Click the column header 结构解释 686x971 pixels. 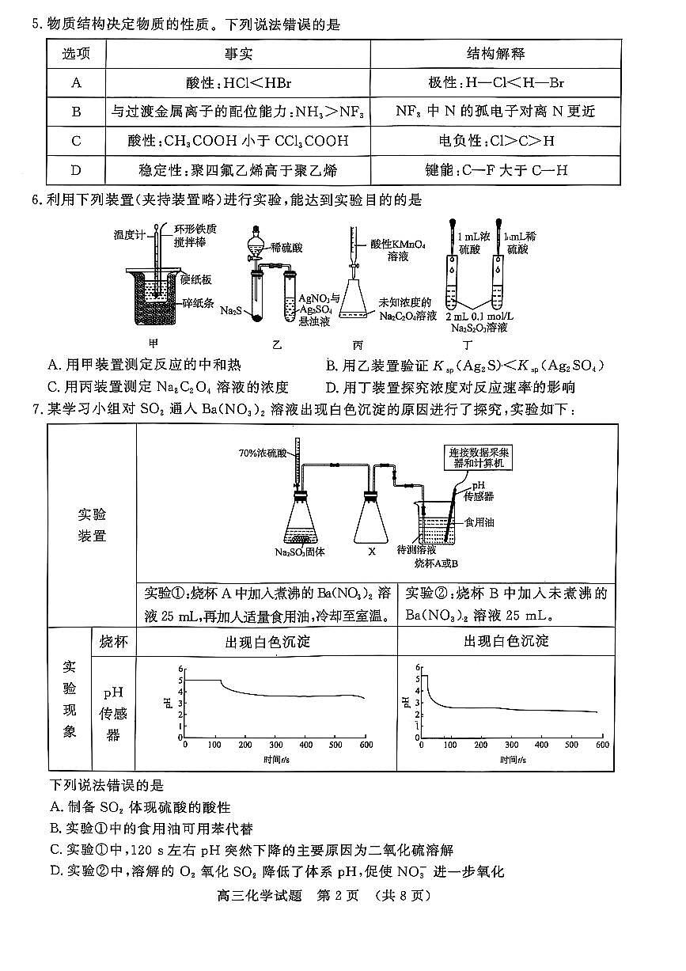[495, 54]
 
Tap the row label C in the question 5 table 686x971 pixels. [77, 141]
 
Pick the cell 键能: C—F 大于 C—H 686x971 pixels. [495, 170]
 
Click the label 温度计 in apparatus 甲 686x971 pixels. [127, 235]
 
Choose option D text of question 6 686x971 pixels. [450, 388]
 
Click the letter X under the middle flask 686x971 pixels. [371, 552]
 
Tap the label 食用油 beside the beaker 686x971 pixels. [479, 522]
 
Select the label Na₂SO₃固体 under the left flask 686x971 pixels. [301, 552]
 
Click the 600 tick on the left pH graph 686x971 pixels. [366, 745]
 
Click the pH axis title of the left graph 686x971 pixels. [167, 702]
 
